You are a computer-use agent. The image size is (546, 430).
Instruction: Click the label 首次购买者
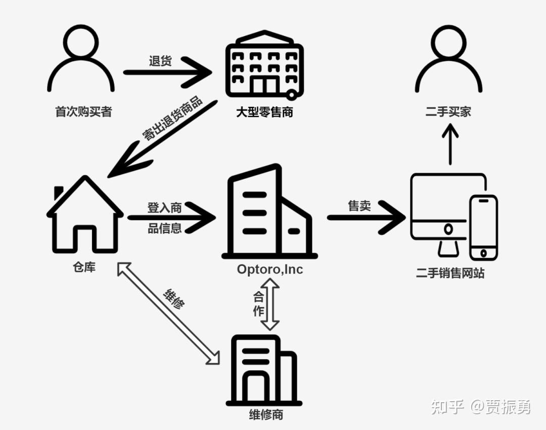coord(83,112)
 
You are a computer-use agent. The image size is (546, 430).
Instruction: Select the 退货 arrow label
coord(160,61)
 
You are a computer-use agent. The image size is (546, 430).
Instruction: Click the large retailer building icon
coord(264,64)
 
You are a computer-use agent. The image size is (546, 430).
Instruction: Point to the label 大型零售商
coord(264,112)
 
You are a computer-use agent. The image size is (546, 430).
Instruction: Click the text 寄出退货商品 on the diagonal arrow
coord(172,119)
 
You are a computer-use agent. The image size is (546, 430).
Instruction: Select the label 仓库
coord(84,267)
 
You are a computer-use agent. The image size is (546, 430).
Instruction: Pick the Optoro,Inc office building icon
coord(268,213)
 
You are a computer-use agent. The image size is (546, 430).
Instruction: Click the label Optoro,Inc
coord(270,269)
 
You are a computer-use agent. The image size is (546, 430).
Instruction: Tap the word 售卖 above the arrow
coord(359,206)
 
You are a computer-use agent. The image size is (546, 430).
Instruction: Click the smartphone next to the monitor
coord(483,227)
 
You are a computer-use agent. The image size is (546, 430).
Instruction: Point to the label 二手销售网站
coord(450,273)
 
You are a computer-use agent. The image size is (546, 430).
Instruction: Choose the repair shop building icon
coord(263,370)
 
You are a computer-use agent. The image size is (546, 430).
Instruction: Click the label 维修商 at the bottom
coord(266,415)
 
